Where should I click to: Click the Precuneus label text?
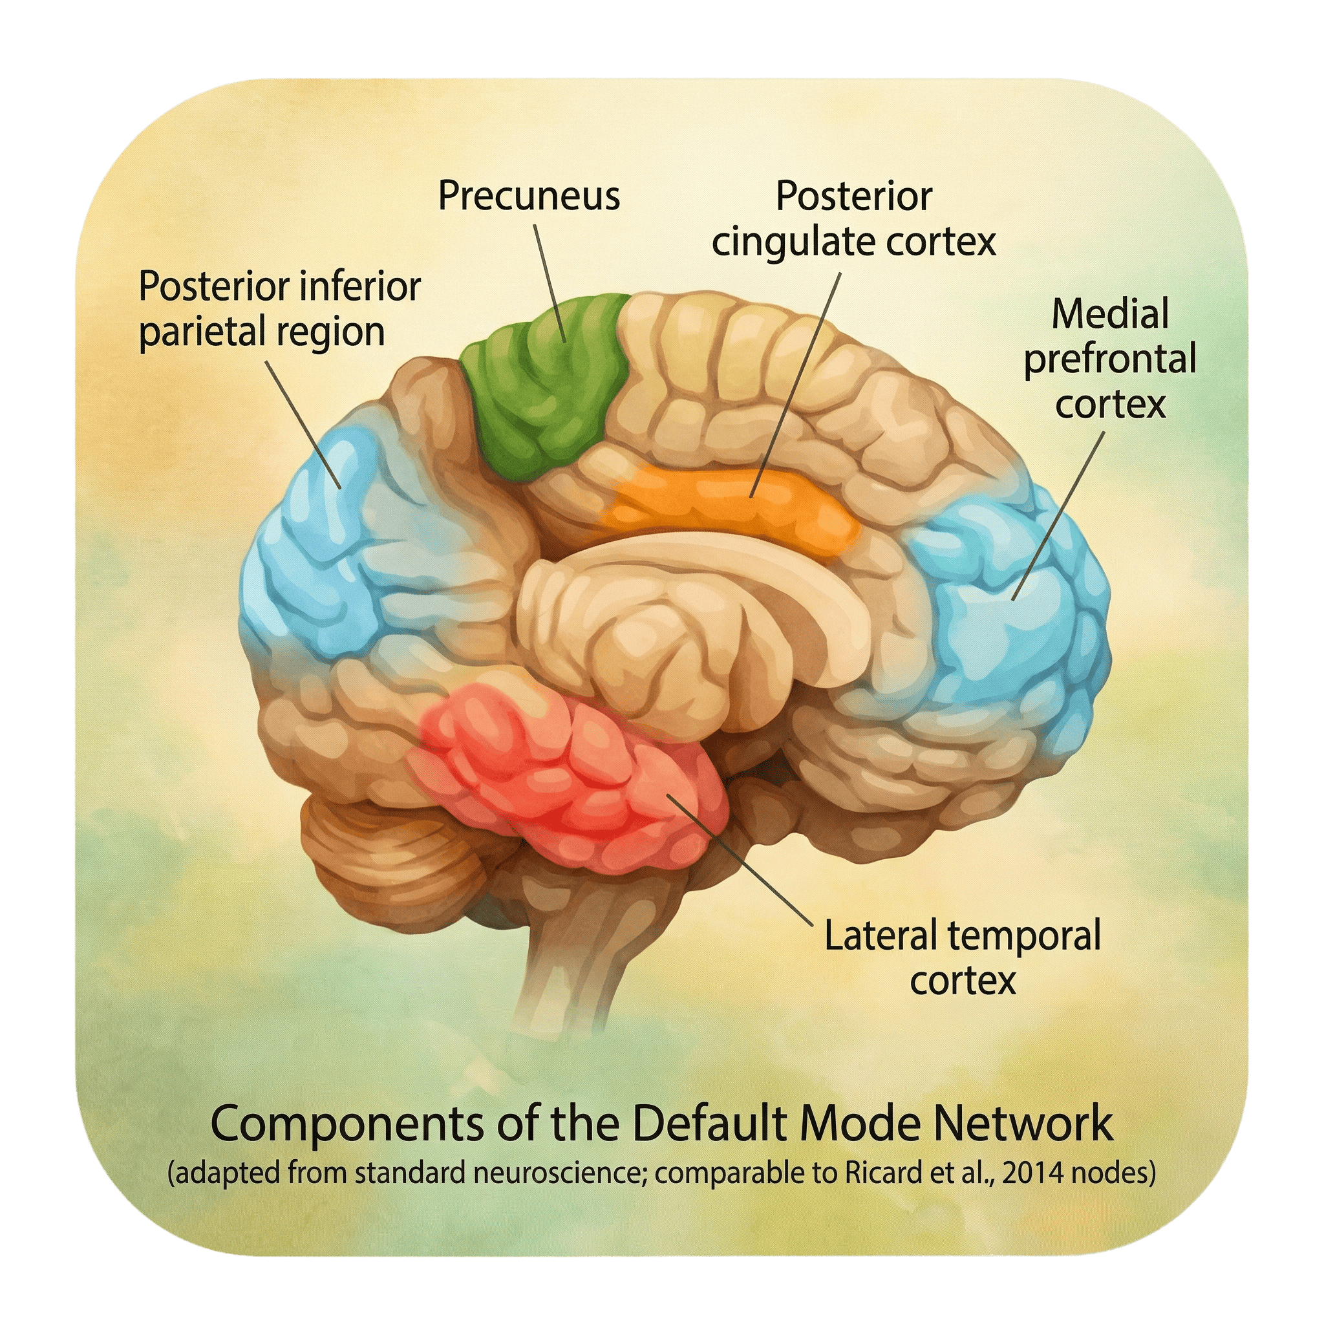pos(528,196)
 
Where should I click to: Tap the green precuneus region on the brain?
pos(548,384)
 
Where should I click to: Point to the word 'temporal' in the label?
pos(1021,936)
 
